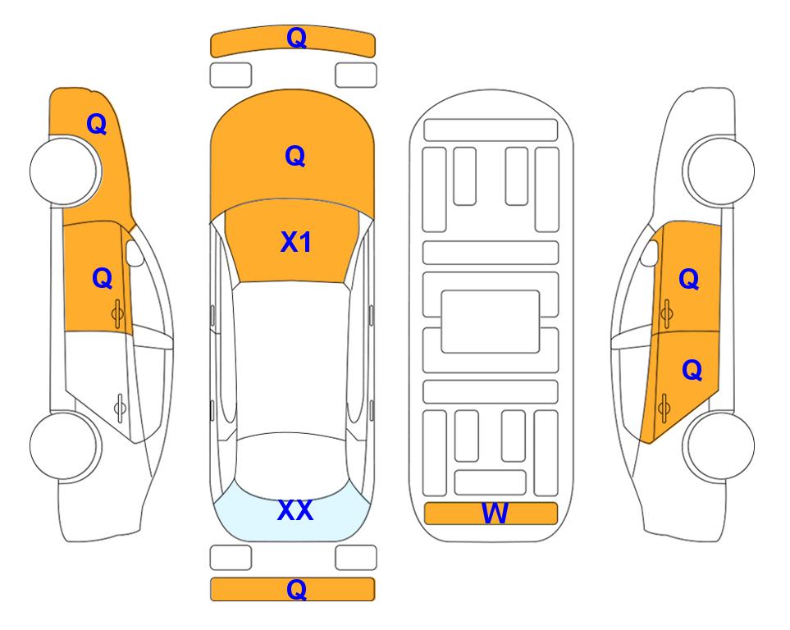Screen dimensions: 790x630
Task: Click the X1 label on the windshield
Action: (296, 242)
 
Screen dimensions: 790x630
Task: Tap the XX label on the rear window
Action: (295, 510)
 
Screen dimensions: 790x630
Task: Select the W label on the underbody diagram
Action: (495, 514)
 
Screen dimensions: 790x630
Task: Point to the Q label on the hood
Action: (295, 156)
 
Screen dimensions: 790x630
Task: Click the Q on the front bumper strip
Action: (297, 38)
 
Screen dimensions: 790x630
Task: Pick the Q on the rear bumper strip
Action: (297, 589)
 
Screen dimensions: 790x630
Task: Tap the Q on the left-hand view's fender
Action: (97, 124)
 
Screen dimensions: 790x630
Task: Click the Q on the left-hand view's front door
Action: (103, 278)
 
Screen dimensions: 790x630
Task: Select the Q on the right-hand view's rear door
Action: (692, 371)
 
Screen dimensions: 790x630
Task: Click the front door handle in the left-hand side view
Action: (117, 313)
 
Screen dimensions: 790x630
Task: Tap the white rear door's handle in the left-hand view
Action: (120, 407)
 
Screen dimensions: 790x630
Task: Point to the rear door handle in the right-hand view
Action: (664, 408)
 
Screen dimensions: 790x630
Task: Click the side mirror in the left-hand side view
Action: (135, 253)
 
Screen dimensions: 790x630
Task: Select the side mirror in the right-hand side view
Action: (650, 253)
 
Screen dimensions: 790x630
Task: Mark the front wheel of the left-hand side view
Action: (66, 171)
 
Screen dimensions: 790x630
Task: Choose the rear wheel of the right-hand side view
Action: (719, 445)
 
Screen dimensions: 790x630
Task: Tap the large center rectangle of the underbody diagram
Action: (491, 322)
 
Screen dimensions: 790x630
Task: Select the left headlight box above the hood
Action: (231, 75)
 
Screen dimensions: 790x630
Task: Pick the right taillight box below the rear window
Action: (356, 558)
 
